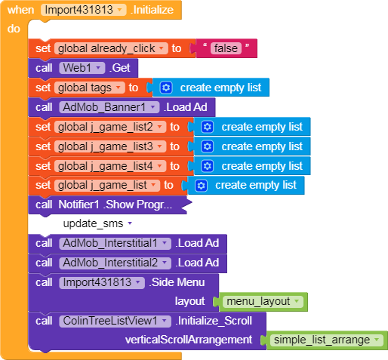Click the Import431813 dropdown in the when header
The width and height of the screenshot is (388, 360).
click(84, 10)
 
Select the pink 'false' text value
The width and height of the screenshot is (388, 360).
click(226, 48)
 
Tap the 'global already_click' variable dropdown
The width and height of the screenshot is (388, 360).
click(111, 48)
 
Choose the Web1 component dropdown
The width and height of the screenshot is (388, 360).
click(82, 68)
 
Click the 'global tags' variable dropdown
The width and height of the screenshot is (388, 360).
click(90, 88)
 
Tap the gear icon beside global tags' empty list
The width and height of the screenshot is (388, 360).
click(166, 88)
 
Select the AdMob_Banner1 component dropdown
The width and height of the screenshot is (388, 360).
click(109, 107)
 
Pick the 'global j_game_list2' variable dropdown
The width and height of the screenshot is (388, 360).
click(110, 127)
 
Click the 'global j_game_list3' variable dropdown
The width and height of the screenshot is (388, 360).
click(110, 146)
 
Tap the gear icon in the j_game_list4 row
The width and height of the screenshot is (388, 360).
click(207, 166)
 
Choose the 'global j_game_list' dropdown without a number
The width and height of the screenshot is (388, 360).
click(107, 186)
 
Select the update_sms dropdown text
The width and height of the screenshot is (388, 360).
click(97, 223)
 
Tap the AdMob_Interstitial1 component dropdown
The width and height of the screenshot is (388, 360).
click(115, 243)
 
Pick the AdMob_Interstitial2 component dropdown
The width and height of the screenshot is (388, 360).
click(115, 263)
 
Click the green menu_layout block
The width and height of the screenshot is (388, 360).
click(263, 302)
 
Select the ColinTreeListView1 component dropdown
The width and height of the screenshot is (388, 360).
click(115, 321)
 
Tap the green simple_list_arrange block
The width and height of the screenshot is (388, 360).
click(327, 340)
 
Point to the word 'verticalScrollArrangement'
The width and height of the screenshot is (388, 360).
click(189, 340)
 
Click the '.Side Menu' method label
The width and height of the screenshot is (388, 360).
click(177, 282)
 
